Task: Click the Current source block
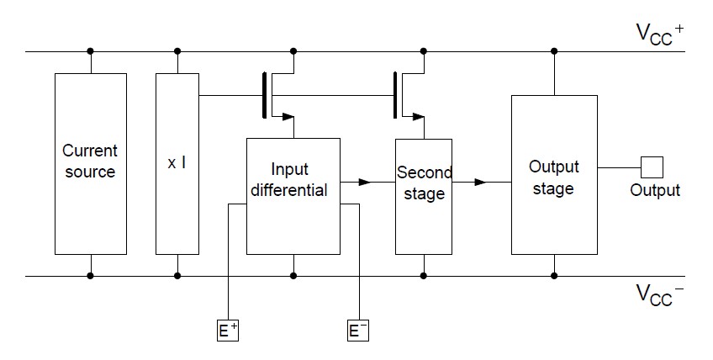(91, 164)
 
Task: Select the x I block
(177, 164)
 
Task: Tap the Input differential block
(293, 196)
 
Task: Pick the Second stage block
(424, 197)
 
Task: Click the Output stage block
(554, 175)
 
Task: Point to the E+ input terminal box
(228, 331)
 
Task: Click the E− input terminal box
(358, 331)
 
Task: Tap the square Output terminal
(652, 167)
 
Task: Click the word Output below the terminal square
(655, 190)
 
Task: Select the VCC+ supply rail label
(659, 33)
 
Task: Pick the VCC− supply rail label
(659, 294)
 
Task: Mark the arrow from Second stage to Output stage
(482, 182)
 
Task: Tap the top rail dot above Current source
(91, 51)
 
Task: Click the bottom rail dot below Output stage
(554, 276)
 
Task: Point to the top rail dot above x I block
(177, 51)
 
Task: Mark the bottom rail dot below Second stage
(424, 276)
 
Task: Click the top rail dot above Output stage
(554, 51)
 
